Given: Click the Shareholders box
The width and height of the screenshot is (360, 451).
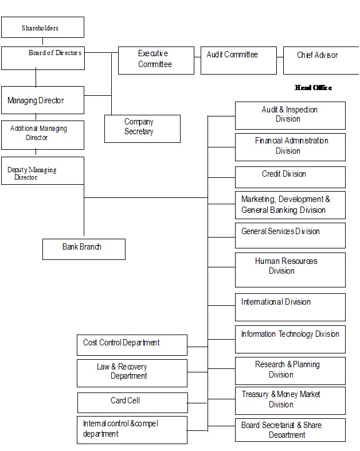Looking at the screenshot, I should click(42, 28).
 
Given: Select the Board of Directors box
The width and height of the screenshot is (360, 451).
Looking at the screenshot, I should click(42, 58).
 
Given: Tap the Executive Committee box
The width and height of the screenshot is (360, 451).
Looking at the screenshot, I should click(156, 60).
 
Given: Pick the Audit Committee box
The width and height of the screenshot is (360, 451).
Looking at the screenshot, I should click(237, 60).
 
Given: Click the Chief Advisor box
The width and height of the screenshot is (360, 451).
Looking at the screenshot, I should click(320, 60).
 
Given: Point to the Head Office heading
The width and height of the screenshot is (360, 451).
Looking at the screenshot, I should click(313, 88).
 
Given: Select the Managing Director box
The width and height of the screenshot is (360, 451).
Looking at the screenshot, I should click(42, 100).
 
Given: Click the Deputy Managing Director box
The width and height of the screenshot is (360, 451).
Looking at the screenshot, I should click(42, 171).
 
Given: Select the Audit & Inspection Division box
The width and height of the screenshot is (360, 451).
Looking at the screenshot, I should click(290, 115).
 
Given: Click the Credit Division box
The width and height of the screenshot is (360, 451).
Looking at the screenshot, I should click(290, 177).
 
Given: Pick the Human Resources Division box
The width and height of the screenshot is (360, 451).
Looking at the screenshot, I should click(290, 270).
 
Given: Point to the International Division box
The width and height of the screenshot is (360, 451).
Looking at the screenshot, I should click(290, 307).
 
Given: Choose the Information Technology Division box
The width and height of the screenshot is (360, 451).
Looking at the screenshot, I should click(290, 339).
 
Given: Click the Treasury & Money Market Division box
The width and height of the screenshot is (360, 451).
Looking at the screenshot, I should click(290, 401).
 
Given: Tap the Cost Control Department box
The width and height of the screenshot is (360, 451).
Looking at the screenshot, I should click(132, 345).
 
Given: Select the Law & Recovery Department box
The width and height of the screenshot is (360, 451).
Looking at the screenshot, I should click(132, 373).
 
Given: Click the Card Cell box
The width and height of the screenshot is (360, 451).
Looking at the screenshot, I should click(132, 402).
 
